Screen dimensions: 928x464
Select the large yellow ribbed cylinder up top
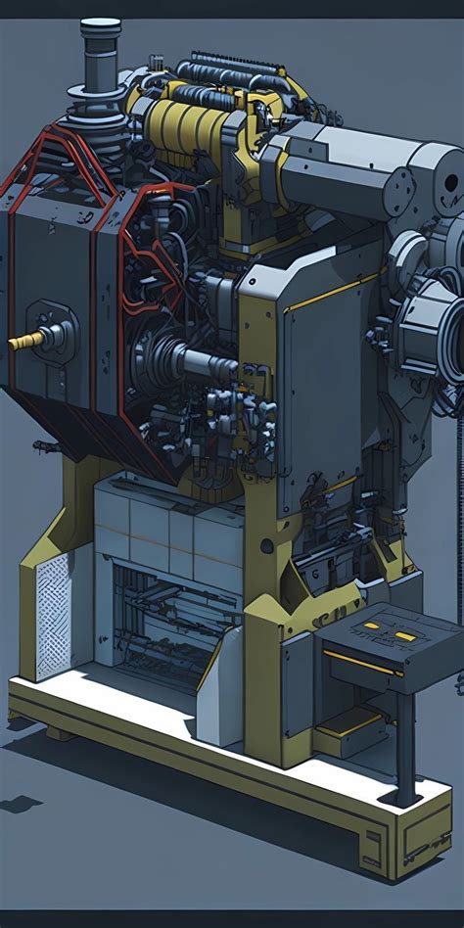[x=195, y=128]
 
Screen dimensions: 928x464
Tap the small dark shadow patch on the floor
[x=20, y=804]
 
